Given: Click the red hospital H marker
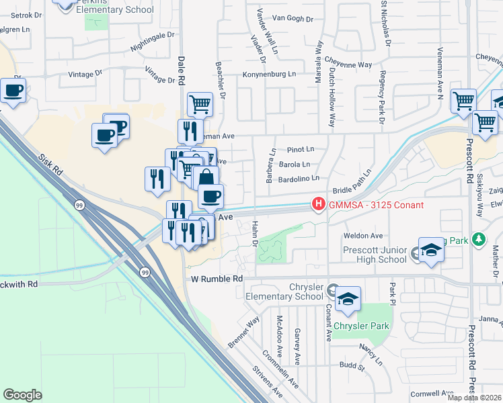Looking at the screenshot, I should click(x=317, y=204).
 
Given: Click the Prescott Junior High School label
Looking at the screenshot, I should click(x=374, y=255).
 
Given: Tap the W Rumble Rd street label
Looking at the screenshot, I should click(x=217, y=278).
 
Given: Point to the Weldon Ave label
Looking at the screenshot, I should click(x=362, y=236).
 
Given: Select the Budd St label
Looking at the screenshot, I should click(x=352, y=367).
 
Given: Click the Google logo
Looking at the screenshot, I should click(x=22, y=395).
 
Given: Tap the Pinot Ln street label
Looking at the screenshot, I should click(x=301, y=149).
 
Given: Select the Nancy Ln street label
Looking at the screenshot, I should click(x=370, y=352).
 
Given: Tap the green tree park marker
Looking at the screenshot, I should click(x=478, y=238).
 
